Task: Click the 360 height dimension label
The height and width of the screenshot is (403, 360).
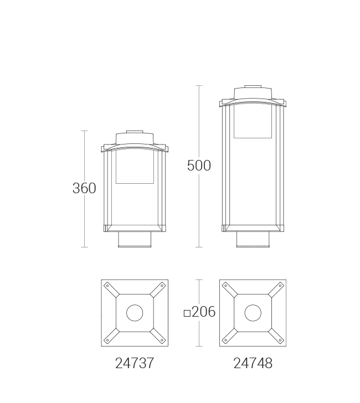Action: [84, 188]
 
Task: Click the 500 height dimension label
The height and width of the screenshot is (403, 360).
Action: [199, 166]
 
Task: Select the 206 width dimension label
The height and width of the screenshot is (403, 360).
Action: [203, 312]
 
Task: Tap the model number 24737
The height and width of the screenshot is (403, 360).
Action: [135, 363]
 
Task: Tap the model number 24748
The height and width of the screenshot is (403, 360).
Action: [253, 363]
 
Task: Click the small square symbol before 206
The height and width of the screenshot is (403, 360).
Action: [187, 313]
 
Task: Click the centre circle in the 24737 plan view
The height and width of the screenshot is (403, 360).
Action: [135, 313]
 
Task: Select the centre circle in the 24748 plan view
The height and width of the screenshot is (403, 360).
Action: [253, 313]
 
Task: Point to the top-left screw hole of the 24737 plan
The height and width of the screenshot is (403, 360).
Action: [107, 286]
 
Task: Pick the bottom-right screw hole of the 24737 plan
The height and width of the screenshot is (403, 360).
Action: [162, 340]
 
